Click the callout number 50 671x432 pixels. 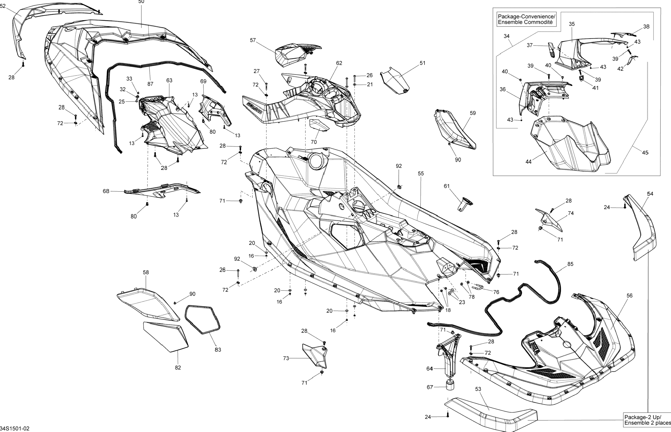point(141,2)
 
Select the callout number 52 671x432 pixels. point(3,6)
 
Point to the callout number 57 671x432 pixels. point(253,40)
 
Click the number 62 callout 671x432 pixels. point(339,63)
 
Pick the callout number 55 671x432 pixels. point(421,174)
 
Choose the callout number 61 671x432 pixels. point(447,186)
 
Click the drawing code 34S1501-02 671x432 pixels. point(15,429)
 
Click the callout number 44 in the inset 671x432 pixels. point(529,162)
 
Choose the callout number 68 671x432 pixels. point(106,191)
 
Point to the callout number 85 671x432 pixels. point(570,264)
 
